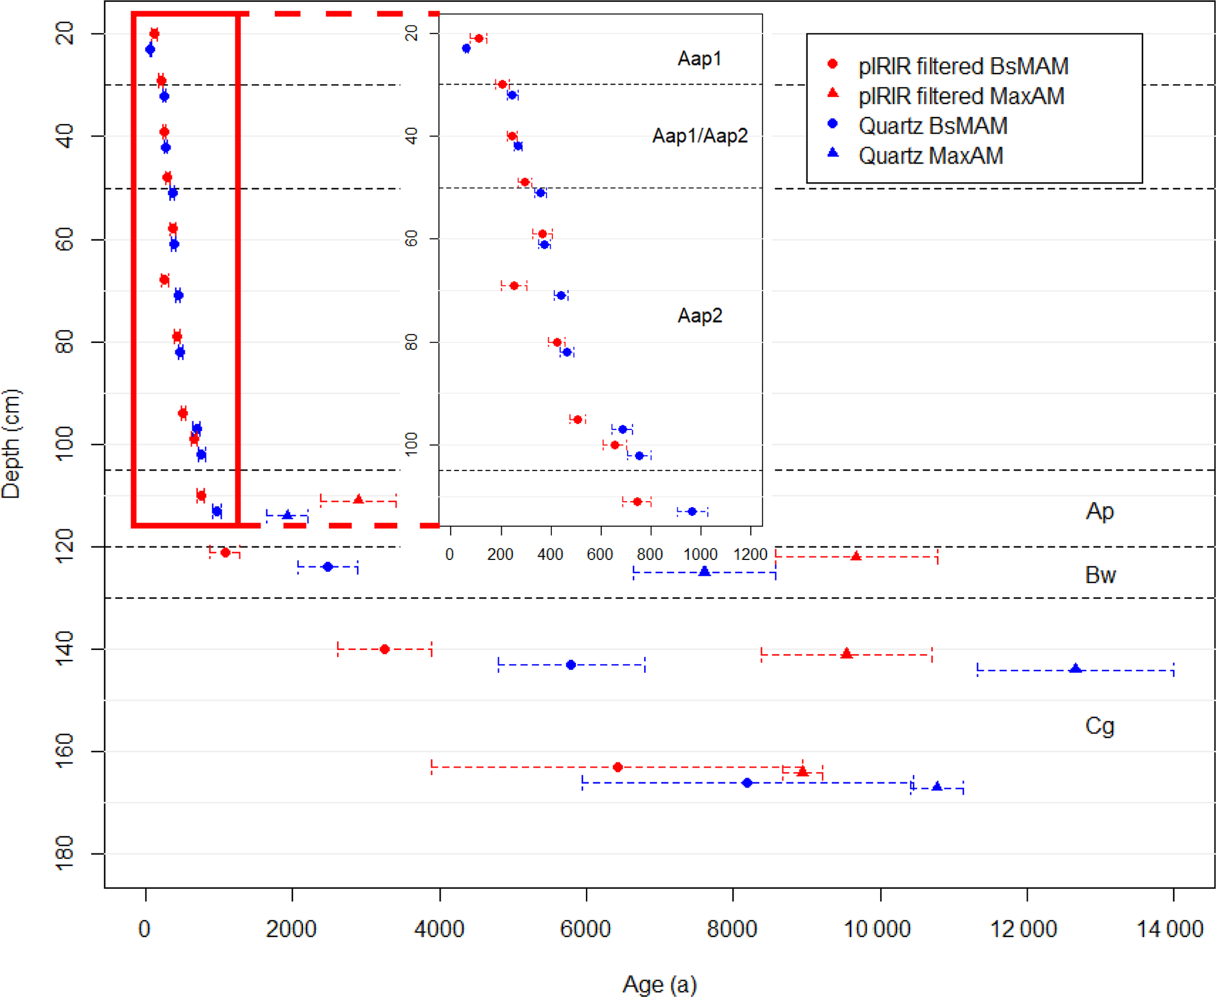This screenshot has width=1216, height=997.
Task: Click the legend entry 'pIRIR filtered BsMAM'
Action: pos(962,66)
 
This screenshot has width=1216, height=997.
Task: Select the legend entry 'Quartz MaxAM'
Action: pos(930,156)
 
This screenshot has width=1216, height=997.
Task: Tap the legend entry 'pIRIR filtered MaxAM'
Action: pos(961,96)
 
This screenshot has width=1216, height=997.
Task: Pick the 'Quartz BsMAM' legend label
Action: pos(932,126)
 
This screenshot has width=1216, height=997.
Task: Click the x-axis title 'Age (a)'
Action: pos(659,983)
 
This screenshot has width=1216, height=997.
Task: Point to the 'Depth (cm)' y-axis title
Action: pos(11,444)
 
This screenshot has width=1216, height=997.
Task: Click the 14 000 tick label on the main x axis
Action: pos(1170,929)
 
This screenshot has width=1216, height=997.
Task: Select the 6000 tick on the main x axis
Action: pos(585,929)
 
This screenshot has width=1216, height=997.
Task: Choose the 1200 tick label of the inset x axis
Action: pos(750,554)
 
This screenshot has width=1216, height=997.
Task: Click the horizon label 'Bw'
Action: pos(1100,575)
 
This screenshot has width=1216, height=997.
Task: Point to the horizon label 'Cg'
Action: pos(1100,726)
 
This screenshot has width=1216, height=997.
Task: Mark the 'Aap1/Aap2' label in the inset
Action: pos(700,136)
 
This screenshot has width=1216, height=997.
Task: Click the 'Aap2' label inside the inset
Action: pos(699,316)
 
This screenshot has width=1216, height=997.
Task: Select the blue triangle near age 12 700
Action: pos(1075,669)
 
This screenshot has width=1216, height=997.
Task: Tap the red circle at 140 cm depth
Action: pos(385,649)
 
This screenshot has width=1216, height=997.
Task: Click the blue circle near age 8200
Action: pos(747,783)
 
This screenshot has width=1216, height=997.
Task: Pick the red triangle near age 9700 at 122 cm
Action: pos(856,556)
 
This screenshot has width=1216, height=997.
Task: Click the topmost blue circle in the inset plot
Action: pos(467,48)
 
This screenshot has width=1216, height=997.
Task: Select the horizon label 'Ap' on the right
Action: pos(1100,511)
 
